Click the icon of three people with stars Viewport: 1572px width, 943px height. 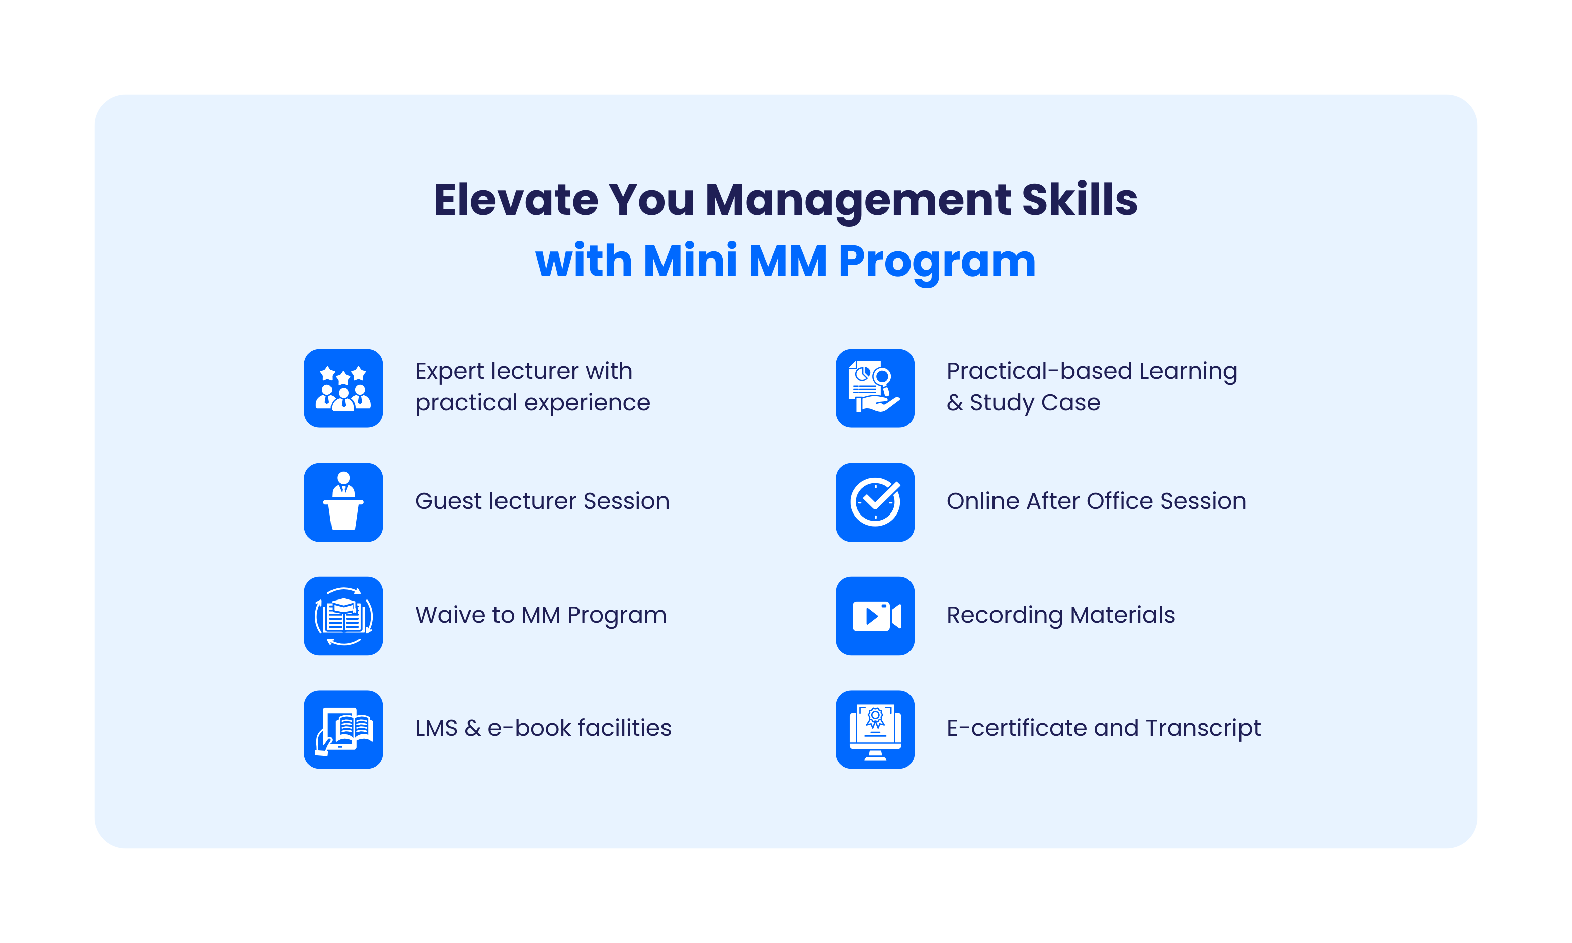[x=343, y=388]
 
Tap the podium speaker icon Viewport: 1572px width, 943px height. [x=343, y=502]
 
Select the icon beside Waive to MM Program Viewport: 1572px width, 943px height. [x=343, y=616]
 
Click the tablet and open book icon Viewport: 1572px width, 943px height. [x=343, y=729]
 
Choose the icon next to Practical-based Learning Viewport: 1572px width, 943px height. [x=875, y=388]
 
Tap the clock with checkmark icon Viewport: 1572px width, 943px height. [x=875, y=502]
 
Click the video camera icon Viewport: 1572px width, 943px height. [x=875, y=616]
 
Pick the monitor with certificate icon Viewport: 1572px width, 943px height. [x=875, y=729]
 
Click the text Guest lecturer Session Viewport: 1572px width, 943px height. [x=542, y=501]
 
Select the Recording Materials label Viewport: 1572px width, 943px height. [x=1060, y=615]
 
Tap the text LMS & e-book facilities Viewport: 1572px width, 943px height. [x=543, y=728]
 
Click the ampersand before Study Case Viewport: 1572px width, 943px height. [x=955, y=403]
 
